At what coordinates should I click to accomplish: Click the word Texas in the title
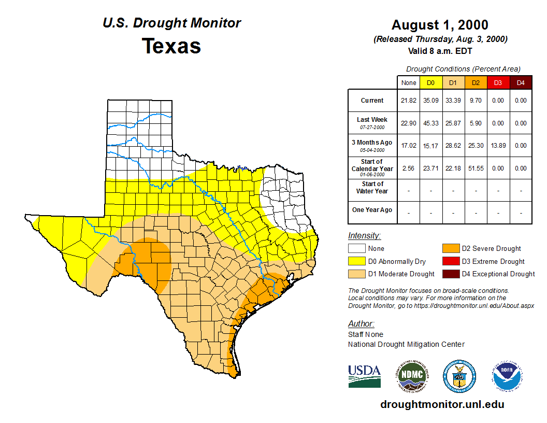[171, 46]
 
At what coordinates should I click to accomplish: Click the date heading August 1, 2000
[440, 25]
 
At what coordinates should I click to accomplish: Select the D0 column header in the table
[430, 82]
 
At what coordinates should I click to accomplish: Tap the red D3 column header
[498, 82]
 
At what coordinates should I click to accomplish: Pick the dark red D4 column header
[521, 82]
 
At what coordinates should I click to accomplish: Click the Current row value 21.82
[408, 101]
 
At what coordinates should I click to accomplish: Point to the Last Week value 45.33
[430, 123]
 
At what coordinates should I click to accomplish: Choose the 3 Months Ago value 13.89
[498, 146]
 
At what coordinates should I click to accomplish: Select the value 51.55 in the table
[476, 168]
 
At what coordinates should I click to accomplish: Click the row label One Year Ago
[372, 210]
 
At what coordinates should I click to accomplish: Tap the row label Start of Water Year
[372, 188]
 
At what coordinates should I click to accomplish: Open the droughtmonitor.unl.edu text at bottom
[442, 404]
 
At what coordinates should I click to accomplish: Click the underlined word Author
[361, 324]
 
